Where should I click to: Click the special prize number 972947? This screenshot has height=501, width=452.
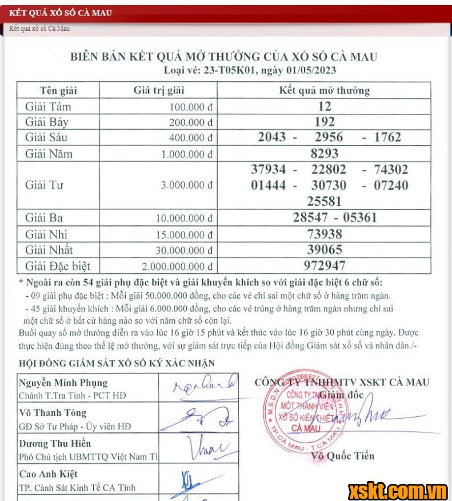coord(324,265)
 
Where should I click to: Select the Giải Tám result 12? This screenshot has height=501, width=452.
coord(324,106)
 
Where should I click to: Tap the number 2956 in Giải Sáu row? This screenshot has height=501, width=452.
coord(329,137)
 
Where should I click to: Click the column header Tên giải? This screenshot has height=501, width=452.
coord(58,90)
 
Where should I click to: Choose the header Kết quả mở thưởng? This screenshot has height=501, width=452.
coord(324,90)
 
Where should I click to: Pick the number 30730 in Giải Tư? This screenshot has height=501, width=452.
coord(329,185)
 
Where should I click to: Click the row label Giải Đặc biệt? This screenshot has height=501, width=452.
coord(58,266)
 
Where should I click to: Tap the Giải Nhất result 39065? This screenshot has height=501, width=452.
coord(324,250)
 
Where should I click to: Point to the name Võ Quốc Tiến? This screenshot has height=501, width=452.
coord(343,456)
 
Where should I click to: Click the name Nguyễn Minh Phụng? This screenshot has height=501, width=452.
coord(63,383)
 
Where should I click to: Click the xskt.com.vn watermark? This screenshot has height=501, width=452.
coord(398,491)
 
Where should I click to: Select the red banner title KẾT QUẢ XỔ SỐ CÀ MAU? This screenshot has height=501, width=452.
coord(61,13)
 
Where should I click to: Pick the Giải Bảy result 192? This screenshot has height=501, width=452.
coord(324,122)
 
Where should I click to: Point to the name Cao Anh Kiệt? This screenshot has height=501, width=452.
coord(49,474)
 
